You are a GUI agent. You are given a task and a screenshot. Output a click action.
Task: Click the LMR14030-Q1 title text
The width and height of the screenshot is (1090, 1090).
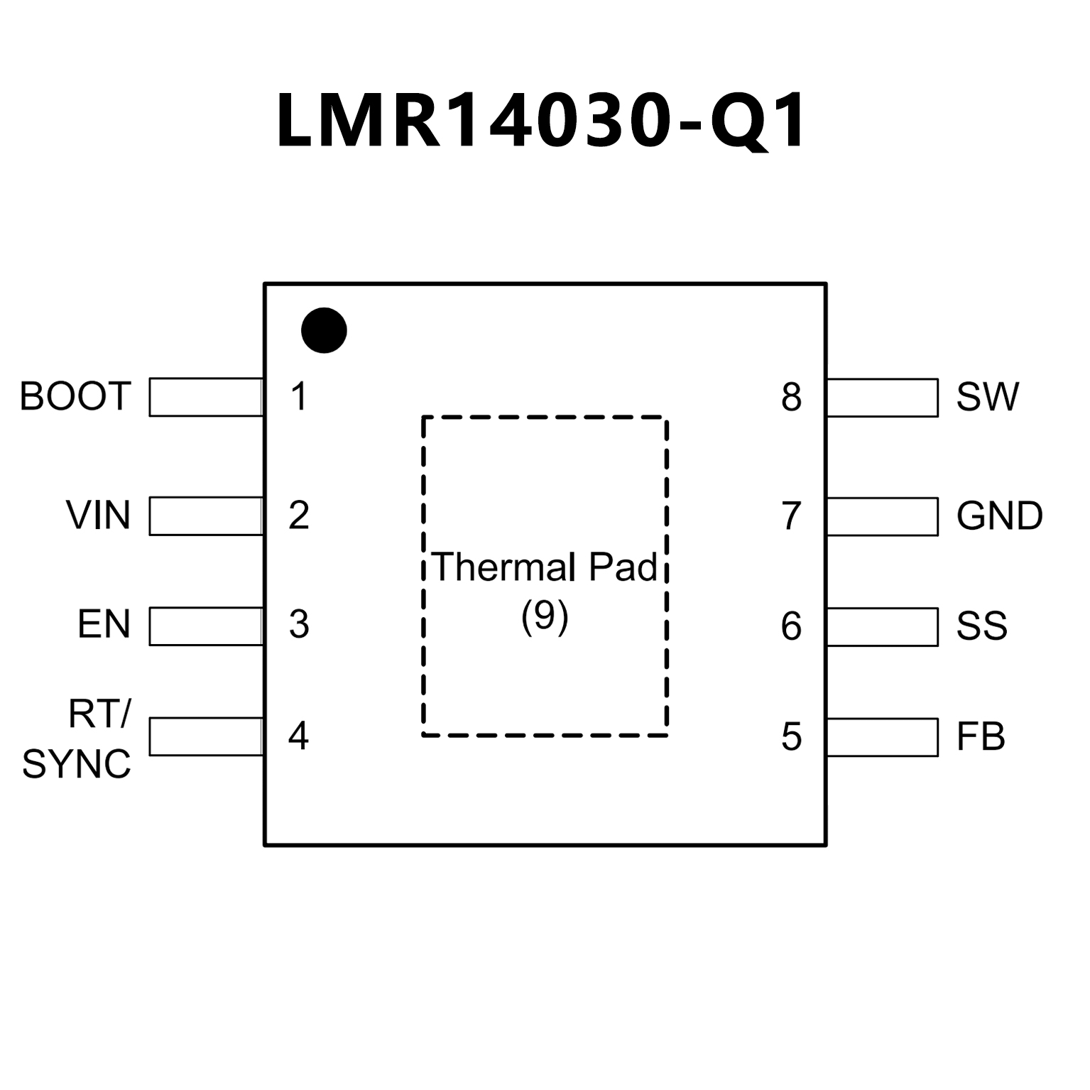[x=541, y=121]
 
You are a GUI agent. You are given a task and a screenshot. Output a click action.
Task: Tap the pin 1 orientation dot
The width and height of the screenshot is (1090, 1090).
[x=324, y=331]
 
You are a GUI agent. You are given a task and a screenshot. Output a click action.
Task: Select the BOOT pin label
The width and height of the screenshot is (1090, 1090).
[x=75, y=396]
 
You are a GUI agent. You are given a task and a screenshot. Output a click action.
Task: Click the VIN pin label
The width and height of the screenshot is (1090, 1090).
[x=98, y=516]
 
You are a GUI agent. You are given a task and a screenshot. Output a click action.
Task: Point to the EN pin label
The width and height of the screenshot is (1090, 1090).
[x=104, y=625]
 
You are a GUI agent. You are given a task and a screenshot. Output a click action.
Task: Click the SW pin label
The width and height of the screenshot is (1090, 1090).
[x=987, y=397]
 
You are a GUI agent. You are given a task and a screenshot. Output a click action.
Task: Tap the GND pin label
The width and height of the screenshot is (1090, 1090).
[x=999, y=516]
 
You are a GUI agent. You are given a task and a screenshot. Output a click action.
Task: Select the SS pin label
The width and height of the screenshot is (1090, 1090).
[x=981, y=626]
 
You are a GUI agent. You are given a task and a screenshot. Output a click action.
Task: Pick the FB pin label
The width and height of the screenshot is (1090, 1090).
[x=981, y=737]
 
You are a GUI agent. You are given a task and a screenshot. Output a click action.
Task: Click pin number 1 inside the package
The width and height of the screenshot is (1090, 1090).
[x=299, y=397]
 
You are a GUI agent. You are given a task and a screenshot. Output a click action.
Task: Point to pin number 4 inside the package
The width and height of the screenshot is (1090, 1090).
[x=298, y=736]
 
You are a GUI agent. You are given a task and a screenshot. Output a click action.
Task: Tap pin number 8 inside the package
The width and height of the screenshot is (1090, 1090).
[x=791, y=398]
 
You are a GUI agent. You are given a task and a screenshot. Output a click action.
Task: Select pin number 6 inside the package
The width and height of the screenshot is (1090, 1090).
[x=791, y=626]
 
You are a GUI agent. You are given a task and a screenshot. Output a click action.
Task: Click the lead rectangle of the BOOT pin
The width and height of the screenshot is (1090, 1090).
[x=206, y=397]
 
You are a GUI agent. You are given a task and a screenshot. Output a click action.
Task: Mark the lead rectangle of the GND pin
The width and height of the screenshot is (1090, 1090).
[x=882, y=516]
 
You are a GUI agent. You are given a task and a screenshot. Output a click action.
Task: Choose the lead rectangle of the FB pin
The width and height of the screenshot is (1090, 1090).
[x=882, y=737]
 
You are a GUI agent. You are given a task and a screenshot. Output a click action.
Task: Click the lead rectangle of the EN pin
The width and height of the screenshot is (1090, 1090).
[x=206, y=626]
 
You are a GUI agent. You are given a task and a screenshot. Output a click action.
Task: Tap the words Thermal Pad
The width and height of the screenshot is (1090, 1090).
[x=545, y=567]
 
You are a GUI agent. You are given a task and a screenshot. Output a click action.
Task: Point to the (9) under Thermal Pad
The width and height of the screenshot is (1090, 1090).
[x=545, y=616]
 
